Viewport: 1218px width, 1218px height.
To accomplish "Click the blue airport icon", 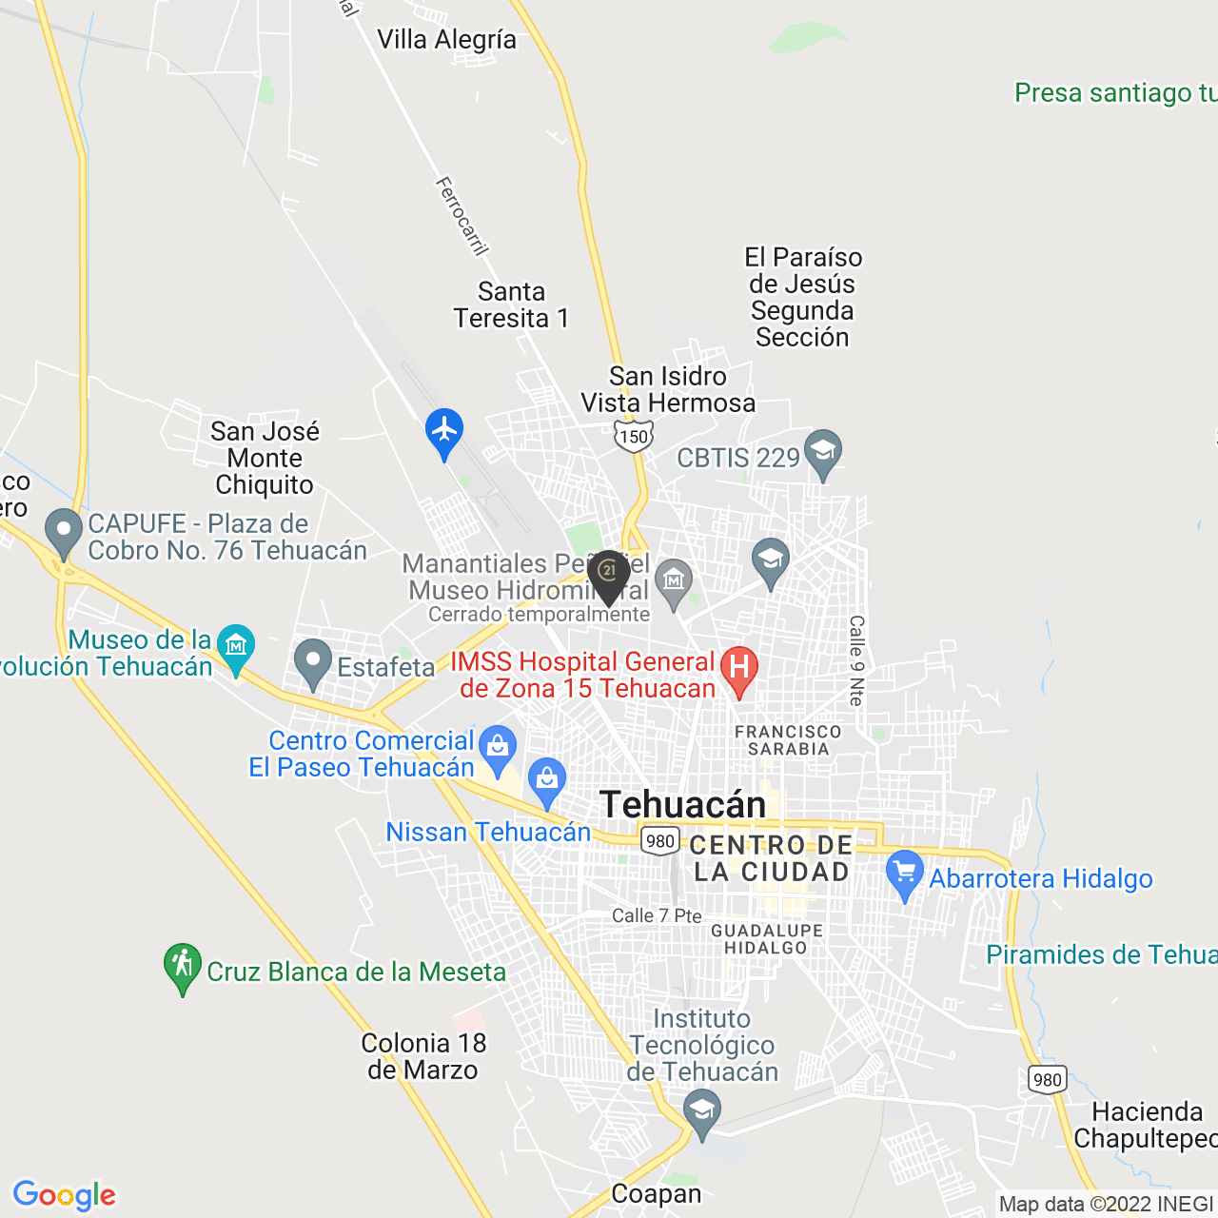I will [x=444, y=431].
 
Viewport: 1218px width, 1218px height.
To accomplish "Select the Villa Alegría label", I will [x=446, y=40].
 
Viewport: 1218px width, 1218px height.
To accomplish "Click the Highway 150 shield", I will [x=633, y=437].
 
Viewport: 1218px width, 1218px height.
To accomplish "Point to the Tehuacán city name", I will [x=682, y=805].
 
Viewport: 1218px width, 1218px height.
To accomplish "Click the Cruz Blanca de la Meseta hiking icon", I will [x=183, y=966].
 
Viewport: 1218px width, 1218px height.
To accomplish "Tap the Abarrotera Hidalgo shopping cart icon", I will [x=904, y=874].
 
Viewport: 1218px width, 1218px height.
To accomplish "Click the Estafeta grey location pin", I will [x=313, y=662].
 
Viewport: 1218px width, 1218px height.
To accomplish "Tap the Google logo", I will [x=65, y=1195].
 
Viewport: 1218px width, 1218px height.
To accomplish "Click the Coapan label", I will [x=656, y=1194].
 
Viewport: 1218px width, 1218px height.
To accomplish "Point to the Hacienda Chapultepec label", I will [x=1147, y=1125].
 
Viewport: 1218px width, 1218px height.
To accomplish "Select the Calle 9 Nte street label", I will [x=856, y=660].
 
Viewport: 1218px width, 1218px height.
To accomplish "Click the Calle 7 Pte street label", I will [x=657, y=915].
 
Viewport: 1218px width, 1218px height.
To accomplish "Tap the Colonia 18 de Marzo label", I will [x=423, y=1056].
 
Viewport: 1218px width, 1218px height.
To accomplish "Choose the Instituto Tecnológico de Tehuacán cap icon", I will [x=702, y=1112].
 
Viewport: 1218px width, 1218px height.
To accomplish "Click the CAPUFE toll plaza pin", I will [x=64, y=532].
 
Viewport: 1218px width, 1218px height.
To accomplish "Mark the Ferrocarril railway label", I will [x=462, y=216].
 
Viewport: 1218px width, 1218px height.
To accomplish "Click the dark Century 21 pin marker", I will [x=608, y=574].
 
